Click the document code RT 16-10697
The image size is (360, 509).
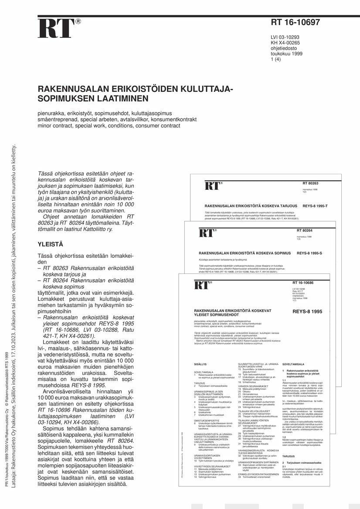[x=295, y=23]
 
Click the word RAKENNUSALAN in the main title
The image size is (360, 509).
[x=70, y=89]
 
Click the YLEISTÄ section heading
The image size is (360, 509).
[x=51, y=244]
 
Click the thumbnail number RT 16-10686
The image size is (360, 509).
[x=303, y=283]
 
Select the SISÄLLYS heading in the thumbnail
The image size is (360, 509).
[x=200, y=363]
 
